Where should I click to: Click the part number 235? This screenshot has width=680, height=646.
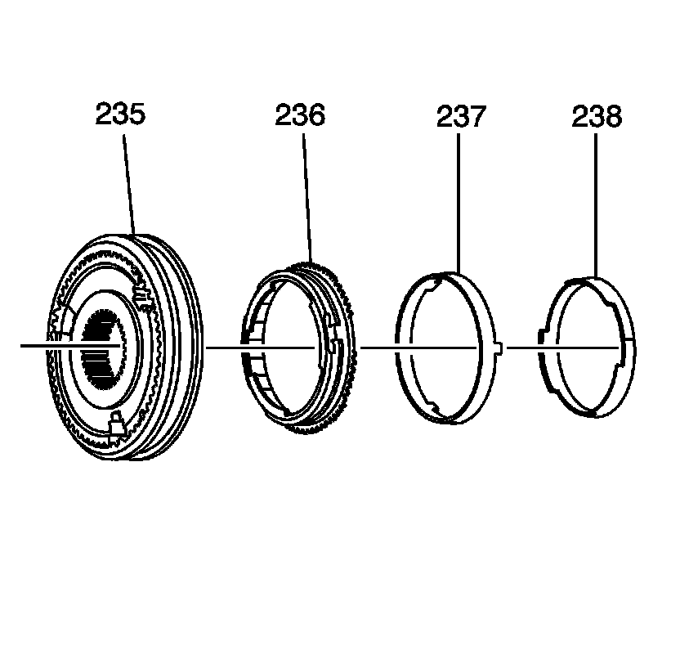coord(120,114)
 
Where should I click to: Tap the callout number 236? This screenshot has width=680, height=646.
coord(299,115)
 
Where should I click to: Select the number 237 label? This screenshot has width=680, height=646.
coord(460,117)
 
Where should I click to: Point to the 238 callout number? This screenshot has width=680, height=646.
coord(596,117)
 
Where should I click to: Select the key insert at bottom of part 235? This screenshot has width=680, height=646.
coord(115,424)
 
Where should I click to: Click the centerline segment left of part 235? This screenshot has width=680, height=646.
coord(37,347)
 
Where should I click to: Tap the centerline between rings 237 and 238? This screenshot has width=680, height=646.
coord(523,348)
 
